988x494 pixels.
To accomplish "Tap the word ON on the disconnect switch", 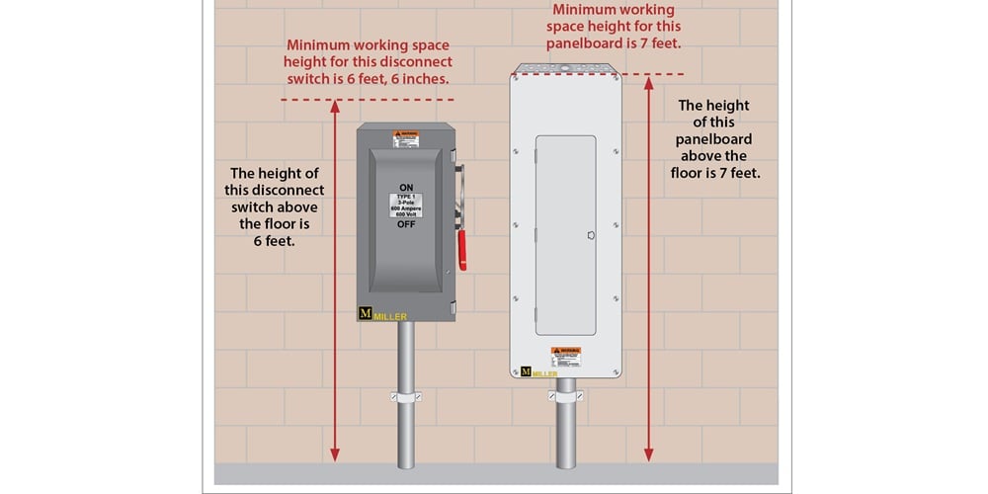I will pos(406,187).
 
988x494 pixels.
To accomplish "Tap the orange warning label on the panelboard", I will pos(566,354).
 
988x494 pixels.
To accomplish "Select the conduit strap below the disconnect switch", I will pos(406,397).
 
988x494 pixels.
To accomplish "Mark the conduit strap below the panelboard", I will pos(565,397).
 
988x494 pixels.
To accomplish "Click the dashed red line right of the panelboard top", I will pos(652,75).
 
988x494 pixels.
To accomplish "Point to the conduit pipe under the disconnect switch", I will pos(406,435).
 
